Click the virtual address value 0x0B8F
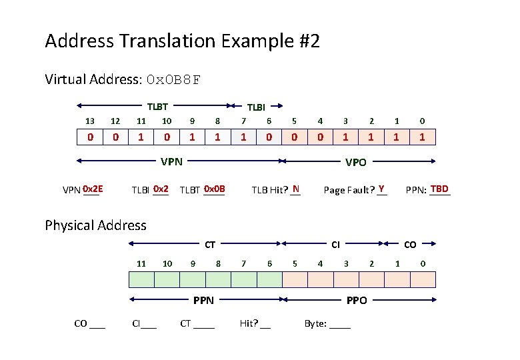173,81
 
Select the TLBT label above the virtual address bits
157,105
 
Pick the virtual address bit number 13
90,121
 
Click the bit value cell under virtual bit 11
141,137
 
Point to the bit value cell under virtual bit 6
269,137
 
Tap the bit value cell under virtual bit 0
423,137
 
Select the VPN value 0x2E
93,189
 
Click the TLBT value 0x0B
215,189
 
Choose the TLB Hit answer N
295,189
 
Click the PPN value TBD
440,189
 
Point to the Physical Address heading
95,225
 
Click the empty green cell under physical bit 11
141,279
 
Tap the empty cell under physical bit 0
423,279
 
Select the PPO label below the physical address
357,301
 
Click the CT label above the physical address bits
210,245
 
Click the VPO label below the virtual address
355,161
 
